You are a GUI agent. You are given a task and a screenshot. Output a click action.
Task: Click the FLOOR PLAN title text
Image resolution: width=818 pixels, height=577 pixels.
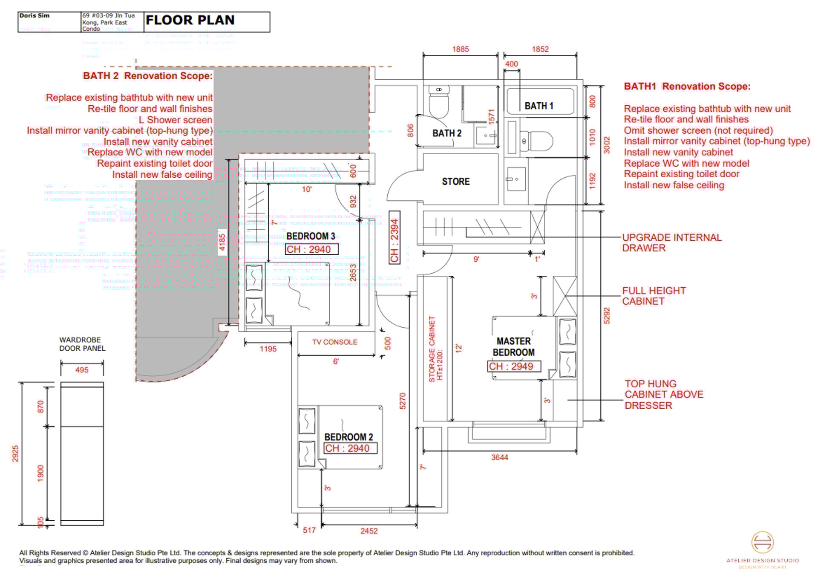[x=190, y=20]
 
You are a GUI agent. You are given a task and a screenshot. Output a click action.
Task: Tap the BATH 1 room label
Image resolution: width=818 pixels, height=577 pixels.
[x=539, y=106]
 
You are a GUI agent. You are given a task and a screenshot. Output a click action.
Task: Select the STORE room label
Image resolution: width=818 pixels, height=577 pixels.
[x=455, y=182]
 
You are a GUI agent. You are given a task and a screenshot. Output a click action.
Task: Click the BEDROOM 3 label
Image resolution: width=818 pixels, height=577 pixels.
[x=311, y=236]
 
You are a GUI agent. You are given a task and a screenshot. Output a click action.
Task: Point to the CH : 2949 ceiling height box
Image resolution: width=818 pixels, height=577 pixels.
[x=514, y=366]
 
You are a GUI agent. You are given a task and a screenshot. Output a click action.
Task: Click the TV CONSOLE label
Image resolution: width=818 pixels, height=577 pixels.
[x=334, y=342]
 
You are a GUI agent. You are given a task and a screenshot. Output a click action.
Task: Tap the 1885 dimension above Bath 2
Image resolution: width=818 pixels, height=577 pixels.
[x=460, y=49]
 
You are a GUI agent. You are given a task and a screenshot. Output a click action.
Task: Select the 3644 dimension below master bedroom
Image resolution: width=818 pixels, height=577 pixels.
[x=499, y=458]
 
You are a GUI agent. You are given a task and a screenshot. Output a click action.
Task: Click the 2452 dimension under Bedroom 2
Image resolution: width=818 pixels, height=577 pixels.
[x=369, y=531]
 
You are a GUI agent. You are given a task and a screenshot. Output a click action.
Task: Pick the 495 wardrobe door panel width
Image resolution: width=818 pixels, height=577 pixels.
[x=82, y=370]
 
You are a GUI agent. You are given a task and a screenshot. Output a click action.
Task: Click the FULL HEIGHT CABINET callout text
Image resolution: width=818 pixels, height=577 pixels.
[x=654, y=296]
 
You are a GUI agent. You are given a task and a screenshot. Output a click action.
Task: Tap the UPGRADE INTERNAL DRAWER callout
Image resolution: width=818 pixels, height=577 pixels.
[x=671, y=243]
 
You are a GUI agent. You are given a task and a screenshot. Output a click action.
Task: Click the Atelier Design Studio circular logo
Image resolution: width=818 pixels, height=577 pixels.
[x=762, y=542]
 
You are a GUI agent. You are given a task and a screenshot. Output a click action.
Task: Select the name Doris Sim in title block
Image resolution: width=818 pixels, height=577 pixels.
[x=35, y=16]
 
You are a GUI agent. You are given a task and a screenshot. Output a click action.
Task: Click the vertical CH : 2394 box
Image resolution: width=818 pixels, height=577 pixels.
[x=395, y=237]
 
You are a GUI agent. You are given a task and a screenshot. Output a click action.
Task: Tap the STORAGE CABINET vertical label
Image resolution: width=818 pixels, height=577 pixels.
[x=435, y=349]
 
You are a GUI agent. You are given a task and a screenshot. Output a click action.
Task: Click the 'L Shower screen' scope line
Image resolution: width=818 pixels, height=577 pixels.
[x=175, y=120]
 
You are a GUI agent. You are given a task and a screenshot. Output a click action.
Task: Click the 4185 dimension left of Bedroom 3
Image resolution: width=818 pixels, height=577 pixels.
[x=222, y=242]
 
